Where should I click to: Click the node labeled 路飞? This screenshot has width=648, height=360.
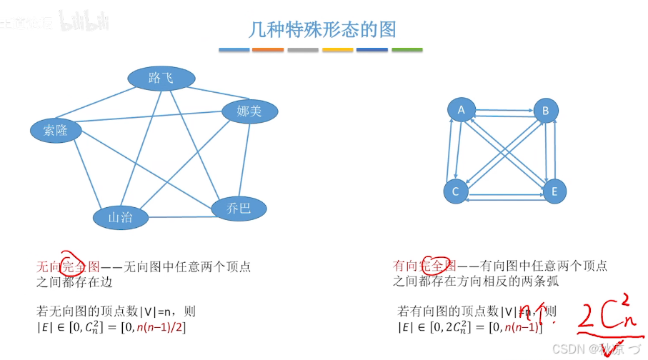click(161, 78)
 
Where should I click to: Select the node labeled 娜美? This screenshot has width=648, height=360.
click(249, 111)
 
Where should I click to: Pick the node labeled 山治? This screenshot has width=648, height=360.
click(120, 217)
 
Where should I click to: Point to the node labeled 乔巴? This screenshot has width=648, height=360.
click(239, 208)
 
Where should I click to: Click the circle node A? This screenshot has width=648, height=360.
click(462, 109)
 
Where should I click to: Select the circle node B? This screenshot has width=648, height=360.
click(546, 111)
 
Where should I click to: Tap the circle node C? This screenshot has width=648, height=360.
click(456, 191)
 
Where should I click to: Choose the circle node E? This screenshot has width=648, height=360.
click(554, 191)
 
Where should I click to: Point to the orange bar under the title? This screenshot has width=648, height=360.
click(269, 50)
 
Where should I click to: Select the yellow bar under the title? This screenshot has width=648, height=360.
click(338, 50)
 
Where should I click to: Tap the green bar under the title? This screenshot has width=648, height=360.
click(407, 50)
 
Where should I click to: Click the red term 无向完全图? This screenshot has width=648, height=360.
click(72, 266)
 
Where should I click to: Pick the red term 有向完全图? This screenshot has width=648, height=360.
click(429, 266)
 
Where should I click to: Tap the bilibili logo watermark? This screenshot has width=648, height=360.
click(84, 21)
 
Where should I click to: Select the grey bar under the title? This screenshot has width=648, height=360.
click(303, 50)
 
